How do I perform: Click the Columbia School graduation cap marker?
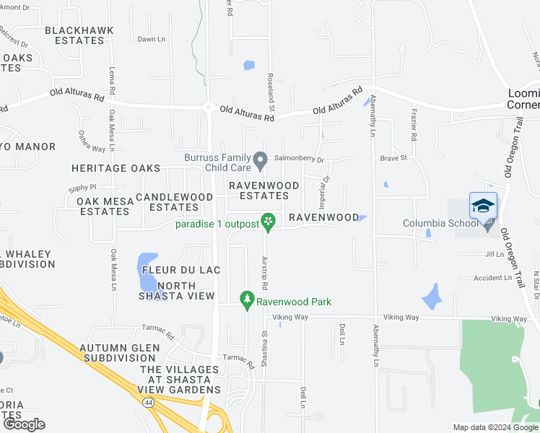[x=483, y=206]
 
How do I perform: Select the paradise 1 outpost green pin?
[x=269, y=221]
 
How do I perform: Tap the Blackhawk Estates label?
[x=74, y=35]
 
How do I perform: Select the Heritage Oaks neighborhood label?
[x=116, y=168]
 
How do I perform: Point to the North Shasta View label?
[x=176, y=291]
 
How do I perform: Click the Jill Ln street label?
[x=495, y=254]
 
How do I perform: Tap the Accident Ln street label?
[x=493, y=278]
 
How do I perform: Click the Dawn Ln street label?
[x=152, y=39]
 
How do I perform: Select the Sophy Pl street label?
[x=82, y=188]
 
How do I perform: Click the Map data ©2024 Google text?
[x=495, y=427]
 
